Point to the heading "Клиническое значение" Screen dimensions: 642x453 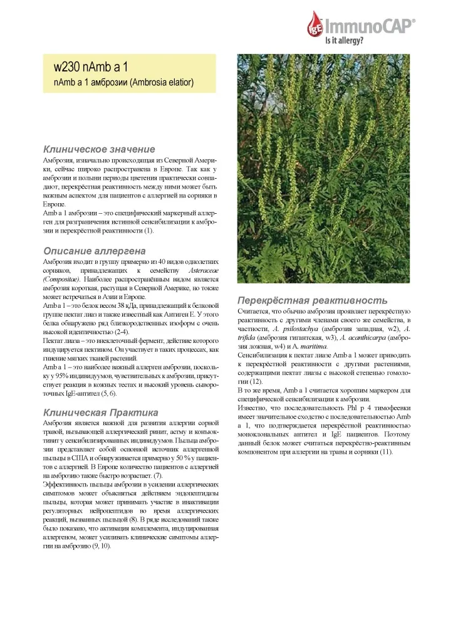coord(98,149)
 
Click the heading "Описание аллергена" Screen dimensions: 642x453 coord(93,250)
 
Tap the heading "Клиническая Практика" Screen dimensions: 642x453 coord(100,412)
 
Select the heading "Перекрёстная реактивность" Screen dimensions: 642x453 coord(312,300)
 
